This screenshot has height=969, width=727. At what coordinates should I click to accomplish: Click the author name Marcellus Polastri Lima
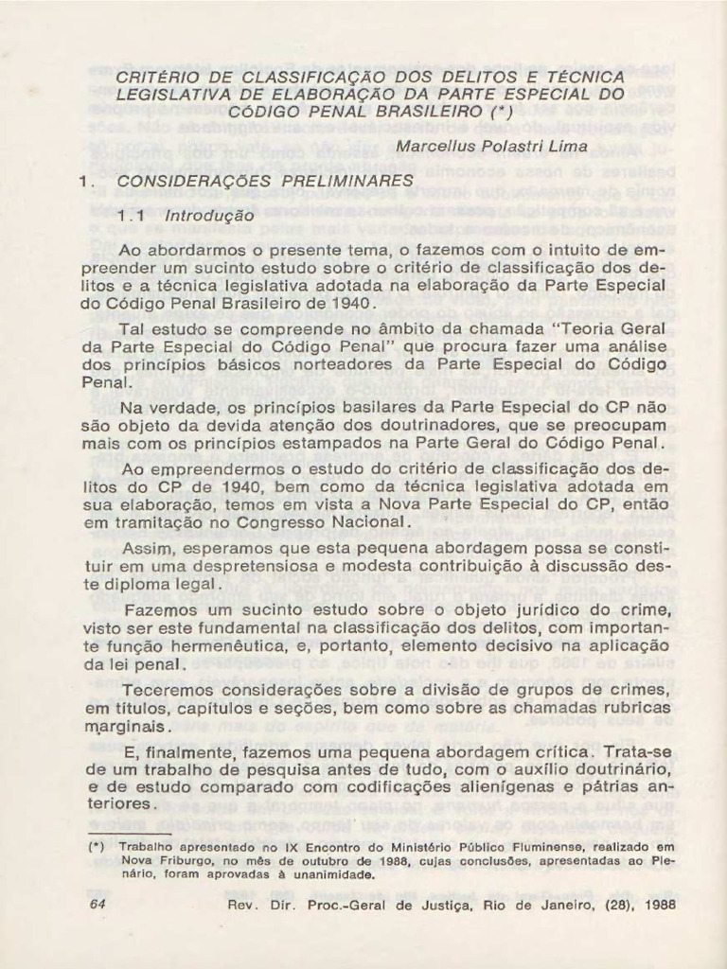coord(494,148)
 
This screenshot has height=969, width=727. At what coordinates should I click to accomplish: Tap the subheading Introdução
coord(210,216)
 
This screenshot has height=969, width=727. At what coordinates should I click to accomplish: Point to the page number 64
coord(97,904)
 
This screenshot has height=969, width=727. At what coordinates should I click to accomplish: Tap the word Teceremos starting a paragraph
coord(170,689)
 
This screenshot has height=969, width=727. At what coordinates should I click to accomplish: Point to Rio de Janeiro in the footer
coord(538,904)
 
